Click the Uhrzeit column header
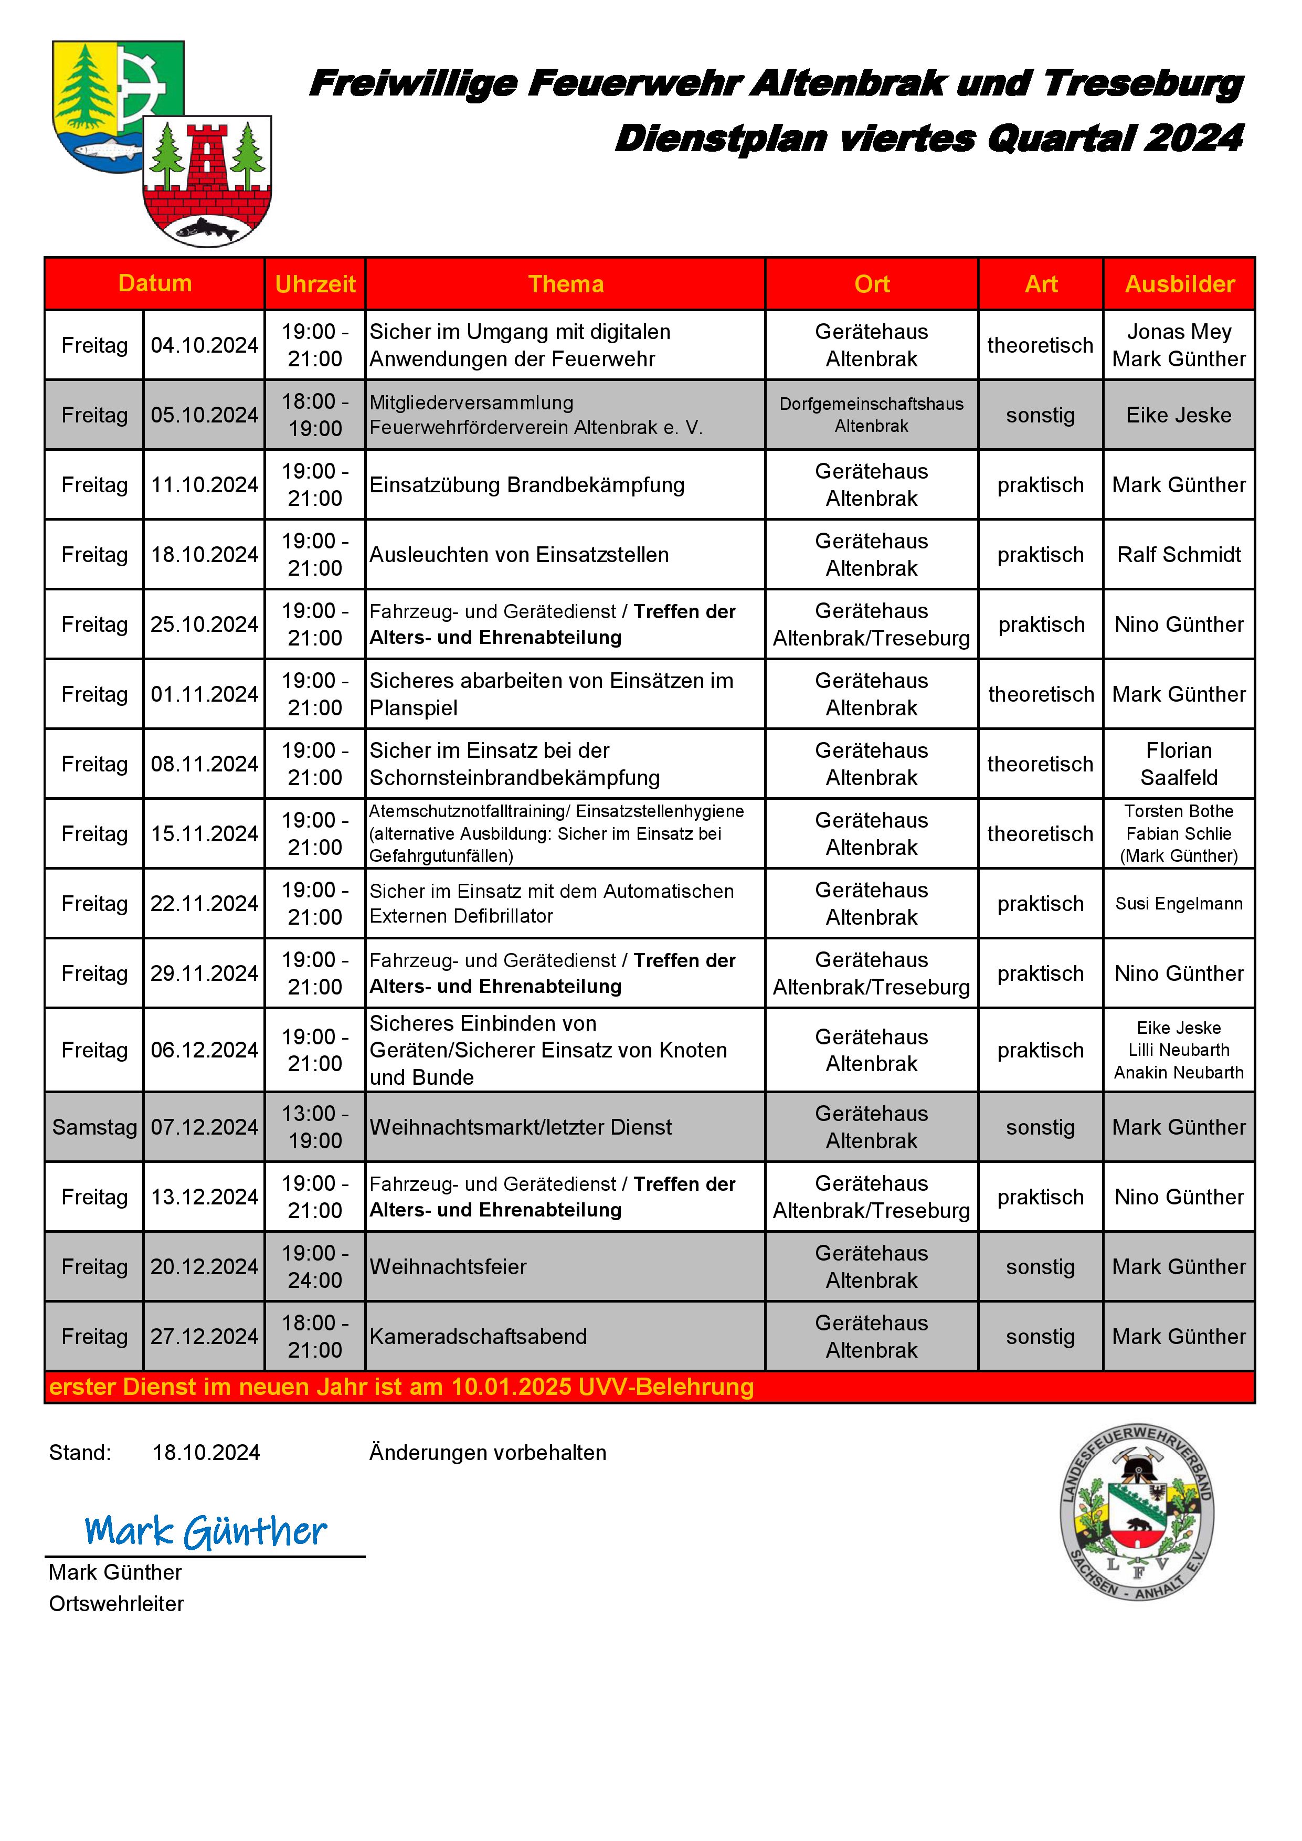tap(315, 284)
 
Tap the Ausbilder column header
tap(1179, 284)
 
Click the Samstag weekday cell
tap(94, 1127)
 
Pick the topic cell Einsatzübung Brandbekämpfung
tap(527, 484)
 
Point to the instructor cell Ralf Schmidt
tap(1179, 554)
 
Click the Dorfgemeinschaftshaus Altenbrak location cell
tap(872, 415)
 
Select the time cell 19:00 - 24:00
tap(315, 1266)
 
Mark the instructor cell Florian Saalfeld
tap(1179, 764)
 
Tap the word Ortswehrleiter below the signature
tap(117, 1604)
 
